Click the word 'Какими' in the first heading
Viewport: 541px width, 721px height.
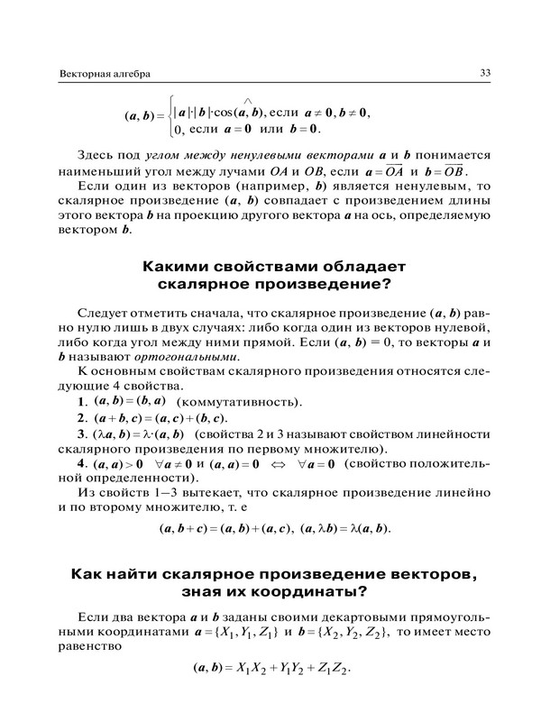tap(178, 267)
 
